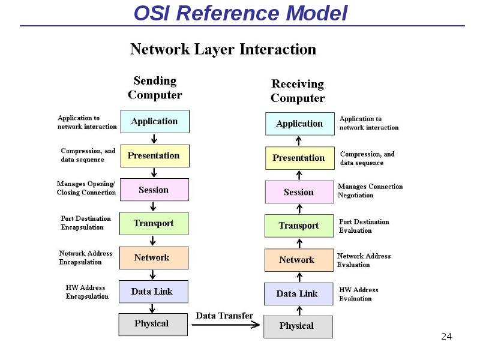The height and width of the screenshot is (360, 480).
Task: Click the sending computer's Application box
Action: tap(155, 122)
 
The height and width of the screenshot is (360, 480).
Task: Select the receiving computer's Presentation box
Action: tap(300, 158)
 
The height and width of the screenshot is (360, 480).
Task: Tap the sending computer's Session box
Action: tap(154, 190)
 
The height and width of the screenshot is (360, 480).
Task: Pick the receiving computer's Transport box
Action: tap(299, 226)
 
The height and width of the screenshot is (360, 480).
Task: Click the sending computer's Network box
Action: tap(154, 258)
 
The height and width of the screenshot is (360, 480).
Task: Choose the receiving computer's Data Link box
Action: tap(299, 294)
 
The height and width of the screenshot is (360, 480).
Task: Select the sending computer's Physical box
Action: tap(153, 325)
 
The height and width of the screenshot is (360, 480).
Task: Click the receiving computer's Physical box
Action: tap(298, 327)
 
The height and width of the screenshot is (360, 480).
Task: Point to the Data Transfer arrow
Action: tap(226, 325)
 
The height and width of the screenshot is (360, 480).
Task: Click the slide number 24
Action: tap(446, 337)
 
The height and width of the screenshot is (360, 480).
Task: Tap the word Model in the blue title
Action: tap(317, 13)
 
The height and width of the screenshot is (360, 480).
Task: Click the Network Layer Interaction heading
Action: tap(223, 49)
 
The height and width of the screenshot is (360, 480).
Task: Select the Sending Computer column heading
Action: tap(155, 88)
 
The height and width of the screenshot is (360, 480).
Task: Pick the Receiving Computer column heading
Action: tap(298, 91)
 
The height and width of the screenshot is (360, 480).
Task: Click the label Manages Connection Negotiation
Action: tap(370, 191)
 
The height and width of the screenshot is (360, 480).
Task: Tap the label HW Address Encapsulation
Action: tap(87, 292)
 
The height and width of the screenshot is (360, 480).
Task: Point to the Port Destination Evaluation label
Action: tap(364, 226)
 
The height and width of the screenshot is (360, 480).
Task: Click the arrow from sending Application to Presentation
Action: tap(154, 139)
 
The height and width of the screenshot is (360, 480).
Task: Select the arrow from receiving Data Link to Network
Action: tap(299, 277)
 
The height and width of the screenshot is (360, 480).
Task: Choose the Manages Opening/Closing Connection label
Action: tap(86, 188)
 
